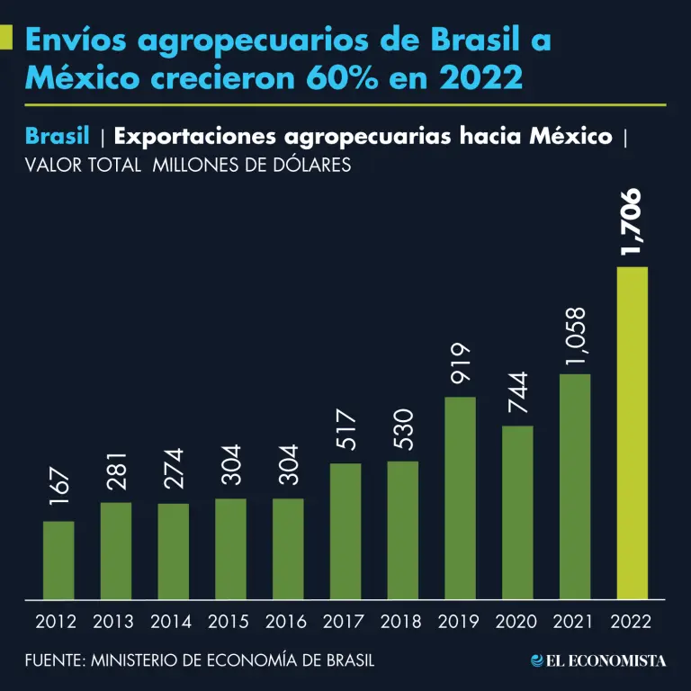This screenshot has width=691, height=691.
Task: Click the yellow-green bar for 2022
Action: pyautogui.click(x=632, y=433)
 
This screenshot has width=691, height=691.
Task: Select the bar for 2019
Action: pyautogui.click(x=459, y=498)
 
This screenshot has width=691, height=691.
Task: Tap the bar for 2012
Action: pyautogui.click(x=58, y=560)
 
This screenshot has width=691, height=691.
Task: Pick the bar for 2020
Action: pyautogui.click(x=516, y=512)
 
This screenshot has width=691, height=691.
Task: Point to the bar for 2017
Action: pyautogui.click(x=345, y=531)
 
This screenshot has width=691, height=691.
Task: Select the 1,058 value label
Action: pyautogui.click(x=575, y=337)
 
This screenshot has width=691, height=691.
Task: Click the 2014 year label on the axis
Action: pyautogui.click(x=171, y=622)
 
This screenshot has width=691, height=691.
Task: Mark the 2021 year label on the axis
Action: pyautogui.click(x=574, y=622)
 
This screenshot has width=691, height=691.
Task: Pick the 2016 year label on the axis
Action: pyautogui.click(x=286, y=622)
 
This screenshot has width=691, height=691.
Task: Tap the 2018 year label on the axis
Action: pyautogui.click(x=401, y=622)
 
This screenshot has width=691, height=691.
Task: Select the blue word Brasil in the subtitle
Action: pyautogui.click(x=58, y=137)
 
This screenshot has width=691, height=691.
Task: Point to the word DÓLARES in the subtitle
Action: pyautogui.click(x=307, y=166)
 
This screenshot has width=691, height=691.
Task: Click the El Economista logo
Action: pyautogui.click(x=598, y=660)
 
